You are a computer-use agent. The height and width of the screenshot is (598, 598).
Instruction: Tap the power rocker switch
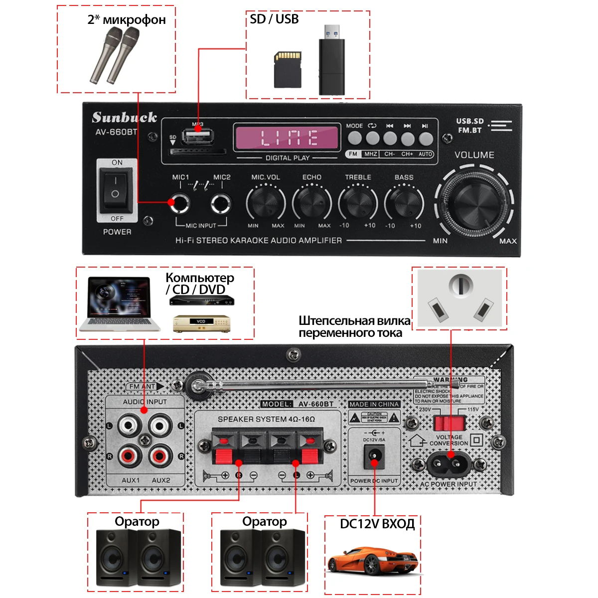coord(115,189)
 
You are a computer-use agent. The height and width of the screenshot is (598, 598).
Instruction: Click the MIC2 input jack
coord(221,203)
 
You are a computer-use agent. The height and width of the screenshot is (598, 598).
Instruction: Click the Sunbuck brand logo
coord(124,118)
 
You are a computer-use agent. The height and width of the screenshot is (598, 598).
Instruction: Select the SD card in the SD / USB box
coord(288,69)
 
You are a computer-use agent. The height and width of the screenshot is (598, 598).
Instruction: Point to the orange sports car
coord(372,560)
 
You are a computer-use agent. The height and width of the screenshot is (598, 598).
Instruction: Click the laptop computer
coord(120,303)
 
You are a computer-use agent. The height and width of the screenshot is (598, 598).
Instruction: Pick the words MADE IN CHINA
coord(374,404)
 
